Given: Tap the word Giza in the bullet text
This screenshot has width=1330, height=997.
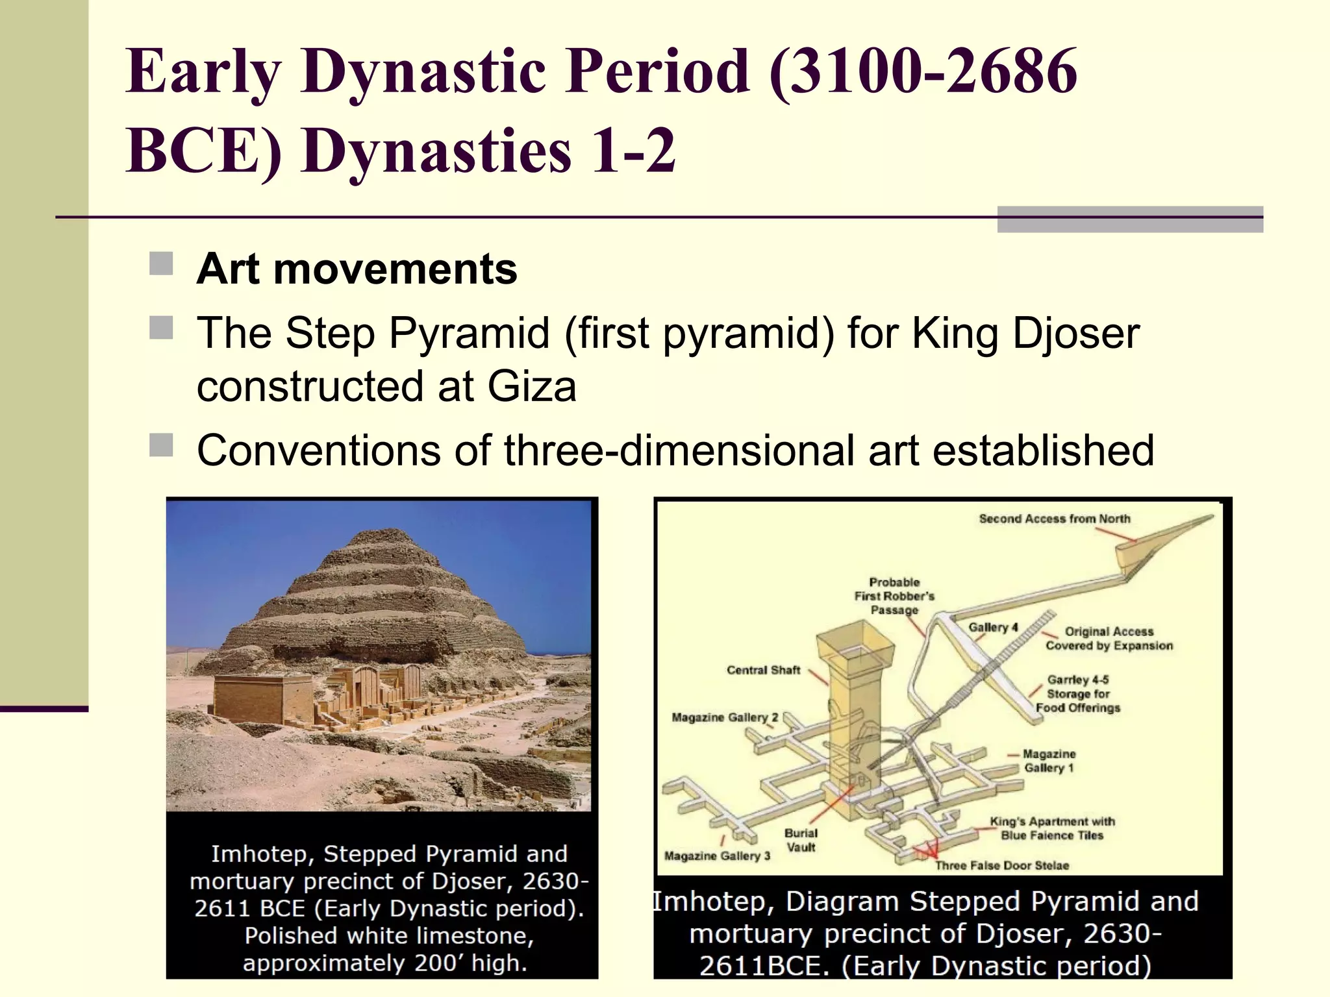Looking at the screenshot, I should point(531,387).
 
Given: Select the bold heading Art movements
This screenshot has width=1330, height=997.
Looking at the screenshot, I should point(357,269).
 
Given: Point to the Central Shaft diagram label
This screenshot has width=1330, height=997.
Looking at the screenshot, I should point(763,670).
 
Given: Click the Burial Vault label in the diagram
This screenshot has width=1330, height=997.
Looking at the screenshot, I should point(800,840).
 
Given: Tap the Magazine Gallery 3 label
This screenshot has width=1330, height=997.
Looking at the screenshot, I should point(716,856).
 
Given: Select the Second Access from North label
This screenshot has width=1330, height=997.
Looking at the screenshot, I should point(1054,519).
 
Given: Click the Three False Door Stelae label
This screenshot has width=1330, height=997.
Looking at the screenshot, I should point(1001,865).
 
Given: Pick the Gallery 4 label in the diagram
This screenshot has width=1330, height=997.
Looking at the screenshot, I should point(992,627).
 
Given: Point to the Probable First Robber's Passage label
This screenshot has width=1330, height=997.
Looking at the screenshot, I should point(894,596).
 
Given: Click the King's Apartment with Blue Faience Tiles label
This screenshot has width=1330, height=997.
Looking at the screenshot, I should point(1052,828).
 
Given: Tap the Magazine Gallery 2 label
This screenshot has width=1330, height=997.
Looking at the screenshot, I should point(724,717).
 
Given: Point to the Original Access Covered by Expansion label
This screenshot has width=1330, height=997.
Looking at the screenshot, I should point(1109,638).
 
